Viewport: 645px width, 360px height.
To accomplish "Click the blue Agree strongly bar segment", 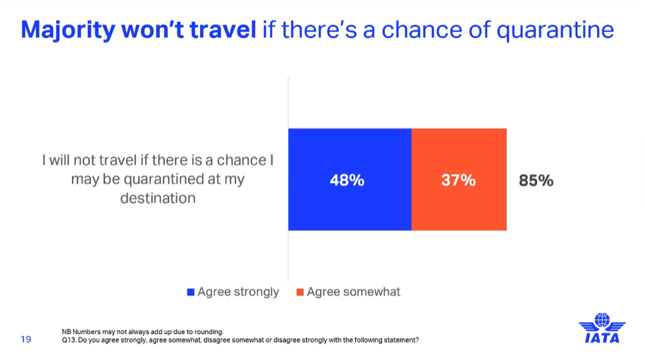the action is coord(350,180).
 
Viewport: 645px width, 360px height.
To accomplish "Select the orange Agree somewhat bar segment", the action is coord(459,180).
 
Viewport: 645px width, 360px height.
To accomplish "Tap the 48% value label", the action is coord(348,180).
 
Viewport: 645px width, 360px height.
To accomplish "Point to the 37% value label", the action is coord(459,180).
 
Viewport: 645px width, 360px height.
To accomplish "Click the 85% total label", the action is coord(536,180).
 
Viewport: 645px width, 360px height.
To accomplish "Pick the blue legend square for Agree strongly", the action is coord(190,292).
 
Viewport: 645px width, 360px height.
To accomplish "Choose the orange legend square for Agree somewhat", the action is coord(300,292).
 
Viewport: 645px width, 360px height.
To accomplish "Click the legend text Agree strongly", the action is coord(238,292).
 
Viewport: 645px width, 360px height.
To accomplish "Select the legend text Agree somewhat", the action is coord(353,292).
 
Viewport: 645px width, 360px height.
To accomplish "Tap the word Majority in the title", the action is coord(68,30).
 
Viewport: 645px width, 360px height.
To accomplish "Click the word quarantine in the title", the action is coord(555,30).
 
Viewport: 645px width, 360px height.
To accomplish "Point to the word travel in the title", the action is coord(223,30).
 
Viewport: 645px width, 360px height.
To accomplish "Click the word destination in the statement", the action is coord(158,198).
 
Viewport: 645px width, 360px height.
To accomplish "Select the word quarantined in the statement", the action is coord(172,180).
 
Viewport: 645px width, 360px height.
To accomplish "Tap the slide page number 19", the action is coord(26,339).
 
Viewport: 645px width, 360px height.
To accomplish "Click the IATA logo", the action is coord(602,328).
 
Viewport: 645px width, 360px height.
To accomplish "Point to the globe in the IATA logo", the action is coord(602,320).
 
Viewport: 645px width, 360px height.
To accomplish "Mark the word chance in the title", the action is coord(422,30).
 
